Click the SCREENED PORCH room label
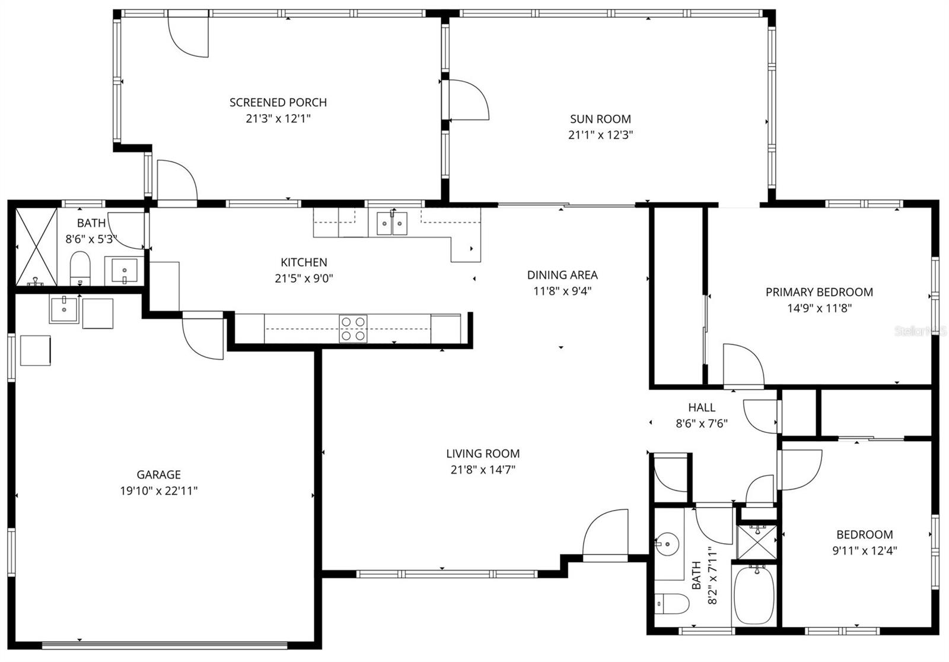pyautogui.click(x=278, y=102)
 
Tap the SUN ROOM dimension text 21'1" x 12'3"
pyautogui.click(x=600, y=135)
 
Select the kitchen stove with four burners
pyautogui.click(x=353, y=328)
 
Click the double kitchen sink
pyautogui.click(x=392, y=224)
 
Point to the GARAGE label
pyautogui.click(x=158, y=474)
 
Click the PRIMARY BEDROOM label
pyautogui.click(x=819, y=292)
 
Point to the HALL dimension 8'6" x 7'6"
pyautogui.click(x=702, y=423)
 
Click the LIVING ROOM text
pyautogui.click(x=483, y=454)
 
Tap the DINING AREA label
pyautogui.click(x=562, y=275)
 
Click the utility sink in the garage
pyautogui.click(x=63, y=309)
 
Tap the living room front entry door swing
pyautogui.click(x=605, y=534)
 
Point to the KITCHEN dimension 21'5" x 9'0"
pyautogui.click(x=304, y=278)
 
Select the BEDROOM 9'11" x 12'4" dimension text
pyautogui.click(x=864, y=550)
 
